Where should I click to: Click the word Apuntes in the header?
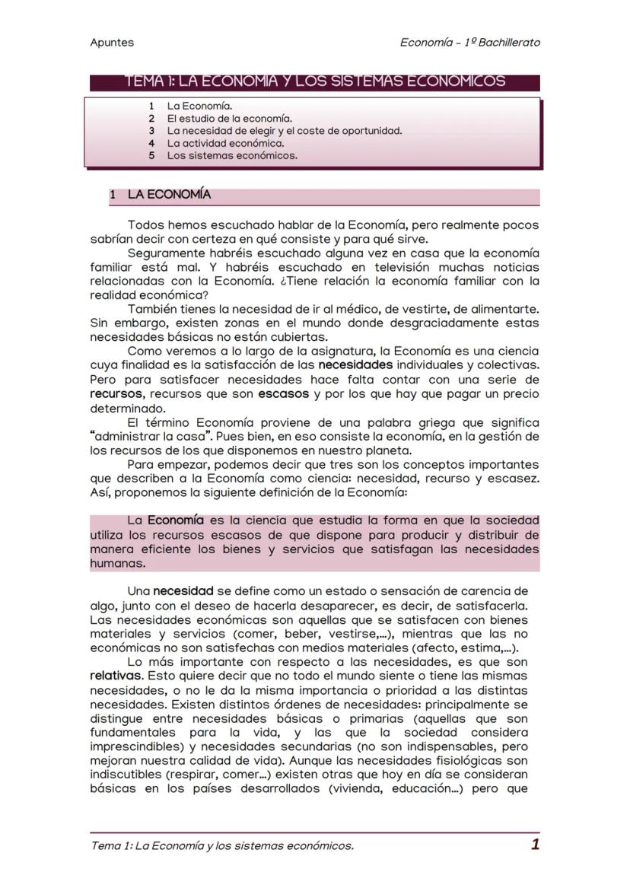tap(111, 43)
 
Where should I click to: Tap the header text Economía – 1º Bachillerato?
tap(469, 43)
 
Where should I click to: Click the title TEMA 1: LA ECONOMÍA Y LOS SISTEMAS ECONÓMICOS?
tap(314, 81)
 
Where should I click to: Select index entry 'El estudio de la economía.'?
tap(229, 119)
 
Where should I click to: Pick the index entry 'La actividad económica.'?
tap(225, 143)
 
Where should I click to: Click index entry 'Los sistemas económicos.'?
tap(232, 156)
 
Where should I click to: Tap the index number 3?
tap(152, 131)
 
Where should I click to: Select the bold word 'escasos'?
tap(283, 394)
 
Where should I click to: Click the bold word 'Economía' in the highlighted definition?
tap(175, 520)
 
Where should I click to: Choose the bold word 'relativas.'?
tap(116, 676)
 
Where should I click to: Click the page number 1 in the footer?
tap(535, 845)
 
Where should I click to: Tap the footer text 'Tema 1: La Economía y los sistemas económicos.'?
tap(221, 846)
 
